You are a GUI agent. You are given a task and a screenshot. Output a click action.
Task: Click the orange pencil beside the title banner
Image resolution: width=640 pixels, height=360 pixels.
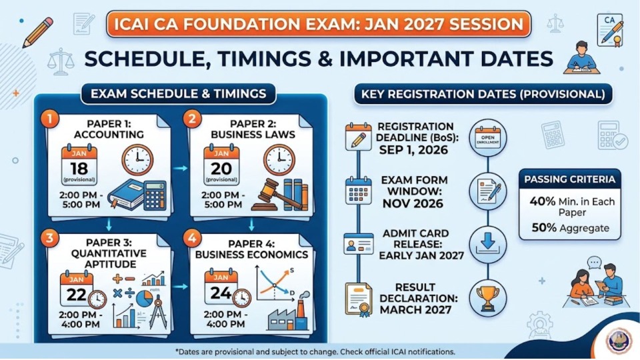[39, 32]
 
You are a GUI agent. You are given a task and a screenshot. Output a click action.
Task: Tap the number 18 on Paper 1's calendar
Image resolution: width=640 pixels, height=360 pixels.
[79, 169]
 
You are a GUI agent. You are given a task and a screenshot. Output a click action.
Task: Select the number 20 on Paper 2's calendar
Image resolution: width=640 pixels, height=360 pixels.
[221, 169]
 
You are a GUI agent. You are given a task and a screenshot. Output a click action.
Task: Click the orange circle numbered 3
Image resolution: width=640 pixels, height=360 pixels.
[49, 238]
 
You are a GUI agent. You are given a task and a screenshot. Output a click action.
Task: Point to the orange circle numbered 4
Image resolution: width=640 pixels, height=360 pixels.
[192, 238]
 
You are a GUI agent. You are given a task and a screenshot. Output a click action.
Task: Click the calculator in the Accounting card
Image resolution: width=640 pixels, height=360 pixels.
[155, 195]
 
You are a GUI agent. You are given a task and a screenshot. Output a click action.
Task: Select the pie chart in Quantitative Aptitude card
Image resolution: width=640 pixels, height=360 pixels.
[145, 299]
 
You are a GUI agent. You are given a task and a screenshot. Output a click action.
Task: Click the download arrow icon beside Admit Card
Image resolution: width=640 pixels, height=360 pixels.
[488, 245]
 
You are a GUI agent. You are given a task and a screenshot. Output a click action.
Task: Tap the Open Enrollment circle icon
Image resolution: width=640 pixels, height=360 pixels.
[488, 137]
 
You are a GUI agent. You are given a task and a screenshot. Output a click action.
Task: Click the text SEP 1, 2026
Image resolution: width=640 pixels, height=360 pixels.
[413, 150]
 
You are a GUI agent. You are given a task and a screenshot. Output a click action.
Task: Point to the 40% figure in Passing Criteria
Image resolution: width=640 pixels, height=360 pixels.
[543, 201]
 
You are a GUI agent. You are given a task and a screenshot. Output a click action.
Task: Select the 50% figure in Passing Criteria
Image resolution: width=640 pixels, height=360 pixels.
[544, 228]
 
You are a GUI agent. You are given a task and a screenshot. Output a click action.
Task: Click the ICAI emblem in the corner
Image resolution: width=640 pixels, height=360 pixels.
[619, 340]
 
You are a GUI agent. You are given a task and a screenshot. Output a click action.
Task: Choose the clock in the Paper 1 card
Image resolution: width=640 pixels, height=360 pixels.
[137, 160]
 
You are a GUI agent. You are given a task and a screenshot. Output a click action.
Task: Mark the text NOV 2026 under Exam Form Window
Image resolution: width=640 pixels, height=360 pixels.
[413, 203]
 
